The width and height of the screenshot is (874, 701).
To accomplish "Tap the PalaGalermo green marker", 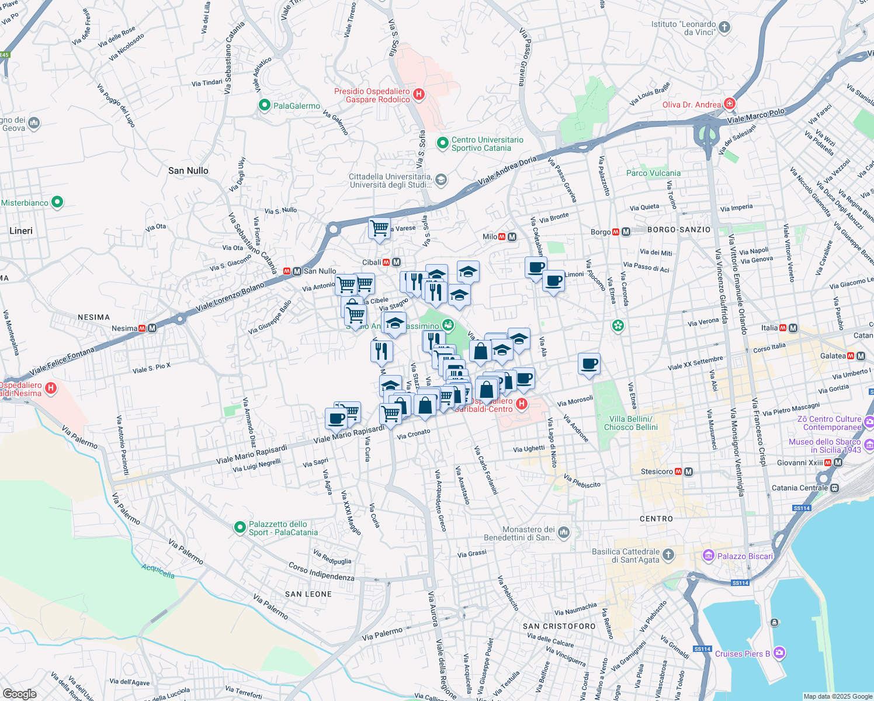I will tap(264, 106).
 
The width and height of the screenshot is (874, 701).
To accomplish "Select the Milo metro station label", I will tap(490, 237).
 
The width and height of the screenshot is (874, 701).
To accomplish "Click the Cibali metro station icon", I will tap(396, 262).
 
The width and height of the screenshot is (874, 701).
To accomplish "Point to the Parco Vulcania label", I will tap(653, 173).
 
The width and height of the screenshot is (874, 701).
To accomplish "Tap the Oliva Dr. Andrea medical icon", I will tap(729, 104).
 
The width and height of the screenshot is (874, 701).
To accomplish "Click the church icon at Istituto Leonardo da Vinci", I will tap(724, 27).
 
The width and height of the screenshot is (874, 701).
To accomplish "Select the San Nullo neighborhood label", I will tap(188, 171).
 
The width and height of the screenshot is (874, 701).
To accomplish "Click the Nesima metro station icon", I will tap(152, 328).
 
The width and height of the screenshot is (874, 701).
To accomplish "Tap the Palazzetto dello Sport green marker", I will tap(240, 528).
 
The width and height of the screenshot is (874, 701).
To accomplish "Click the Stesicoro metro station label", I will tap(657, 471).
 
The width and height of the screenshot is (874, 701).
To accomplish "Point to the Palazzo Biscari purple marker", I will tap(709, 556).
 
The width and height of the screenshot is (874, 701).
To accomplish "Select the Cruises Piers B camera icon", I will tap(779, 653).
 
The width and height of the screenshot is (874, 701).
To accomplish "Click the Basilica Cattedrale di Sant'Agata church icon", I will tap(668, 554).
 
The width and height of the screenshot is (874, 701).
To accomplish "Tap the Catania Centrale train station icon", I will tap(835, 488).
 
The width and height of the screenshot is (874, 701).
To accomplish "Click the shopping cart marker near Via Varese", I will tap(379, 228).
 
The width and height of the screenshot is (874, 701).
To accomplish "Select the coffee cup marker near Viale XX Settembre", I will tap(589, 364).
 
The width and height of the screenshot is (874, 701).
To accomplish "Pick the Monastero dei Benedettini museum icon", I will tap(563, 532).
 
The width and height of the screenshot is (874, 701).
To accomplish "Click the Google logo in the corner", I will tap(19, 693).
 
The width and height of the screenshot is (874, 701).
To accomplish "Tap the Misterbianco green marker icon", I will tap(57, 203).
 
